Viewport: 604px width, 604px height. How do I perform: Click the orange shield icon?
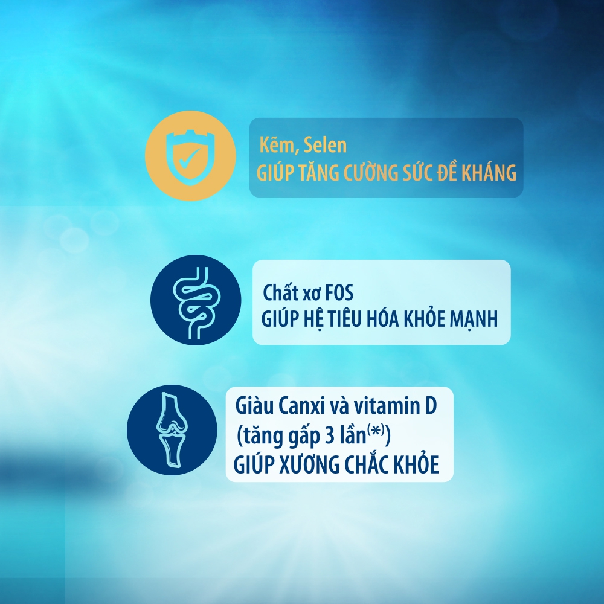pos(190,156)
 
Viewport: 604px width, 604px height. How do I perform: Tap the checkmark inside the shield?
pos(188,157)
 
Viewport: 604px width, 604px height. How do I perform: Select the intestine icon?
pos(196,300)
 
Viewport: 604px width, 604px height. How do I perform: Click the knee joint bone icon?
pos(172,430)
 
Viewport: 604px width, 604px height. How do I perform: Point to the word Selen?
pos(325,145)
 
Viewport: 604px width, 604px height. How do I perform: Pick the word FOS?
pos(339,293)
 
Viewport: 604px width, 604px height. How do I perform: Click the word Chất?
pos(281,292)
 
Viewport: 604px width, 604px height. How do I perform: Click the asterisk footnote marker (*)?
pos(376,430)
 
